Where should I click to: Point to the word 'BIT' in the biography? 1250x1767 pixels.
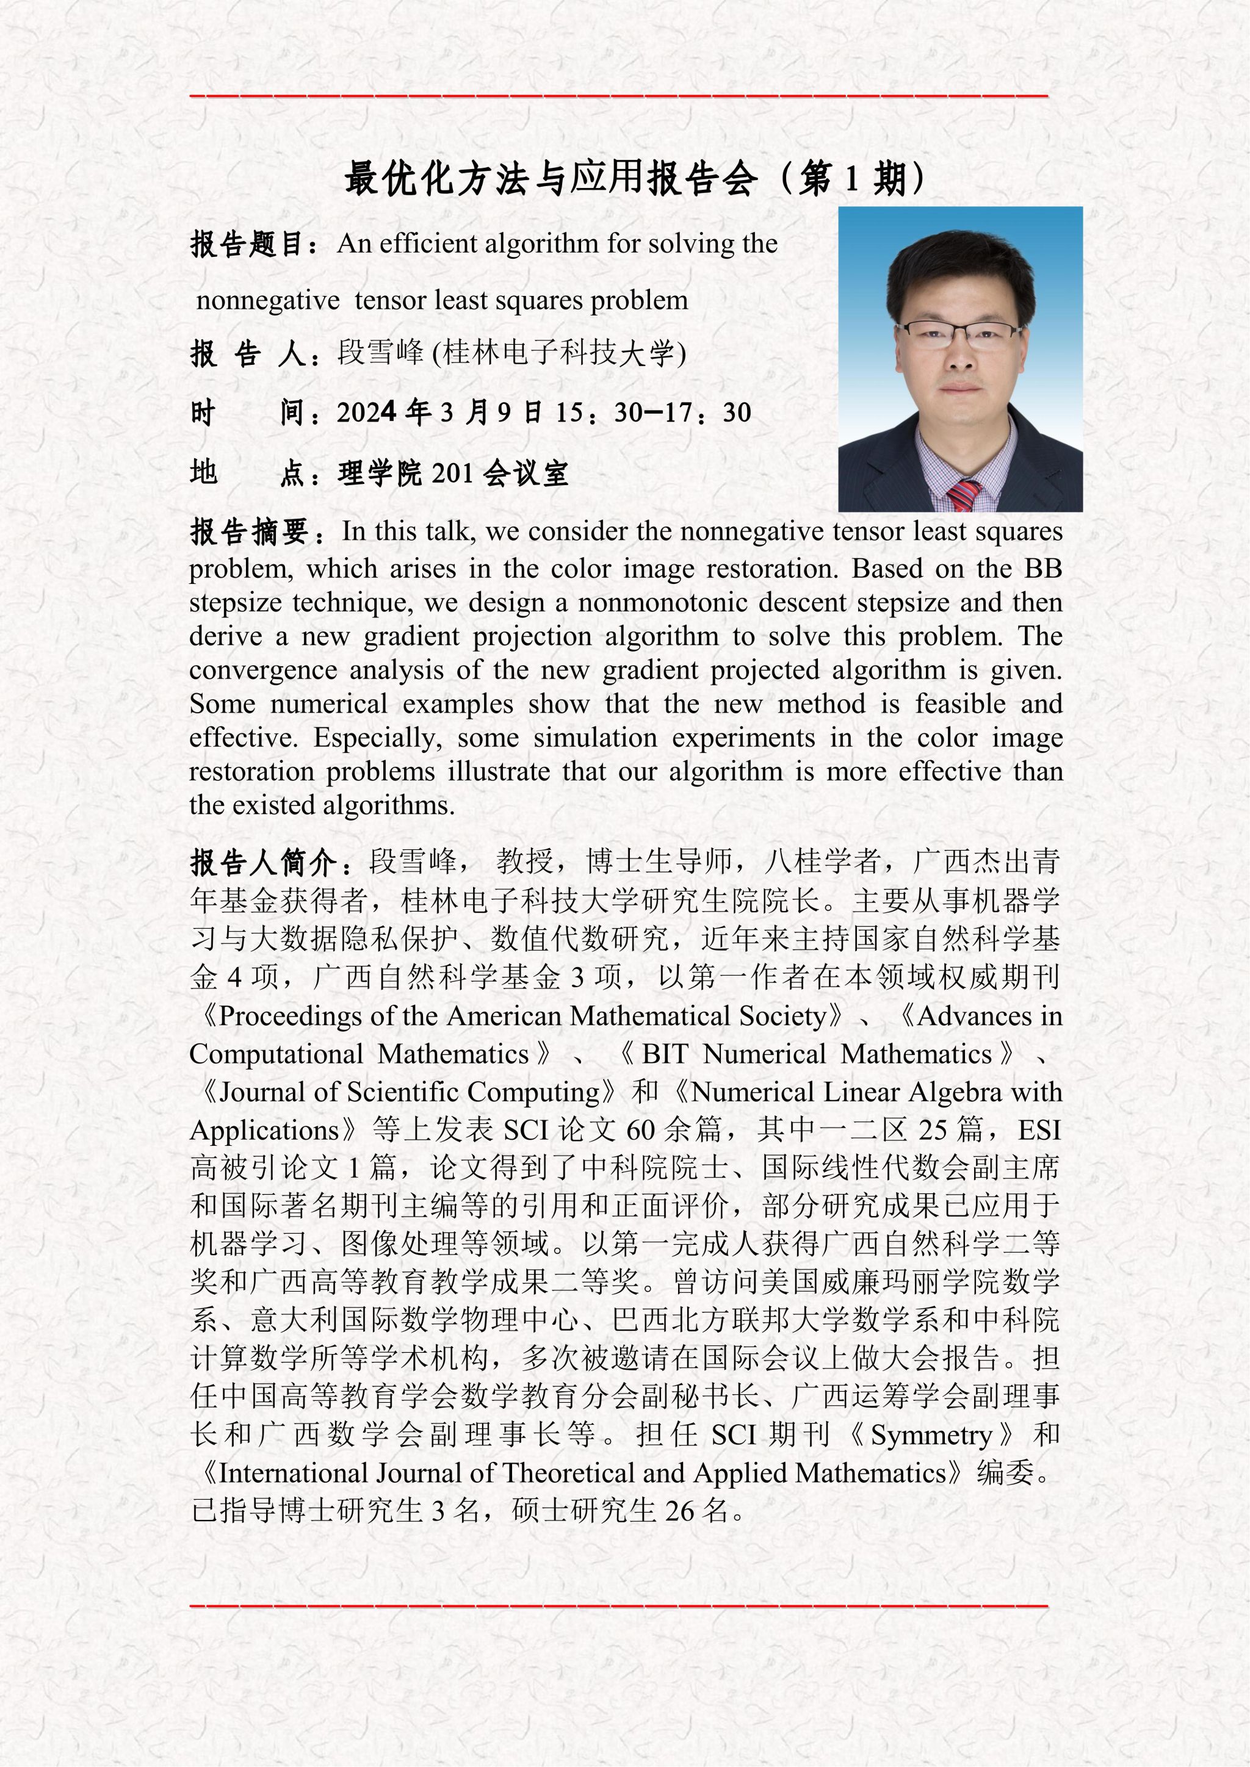click(x=665, y=1054)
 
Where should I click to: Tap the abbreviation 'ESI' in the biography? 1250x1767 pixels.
click(x=1039, y=1131)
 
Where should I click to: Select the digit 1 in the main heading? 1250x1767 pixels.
click(x=851, y=179)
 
